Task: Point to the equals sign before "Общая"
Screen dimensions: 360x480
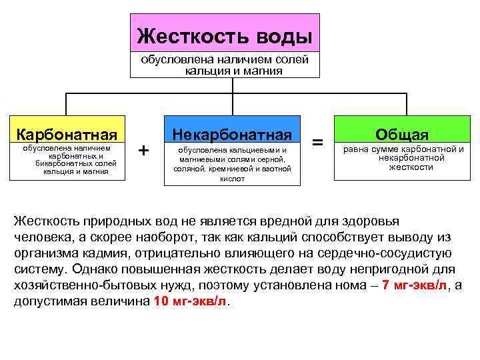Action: pyautogui.click(x=319, y=142)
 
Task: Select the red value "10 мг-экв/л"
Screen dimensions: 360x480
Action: pyautogui.click(x=190, y=301)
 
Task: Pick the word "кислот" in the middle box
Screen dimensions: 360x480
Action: pyautogui.click(x=231, y=179)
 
